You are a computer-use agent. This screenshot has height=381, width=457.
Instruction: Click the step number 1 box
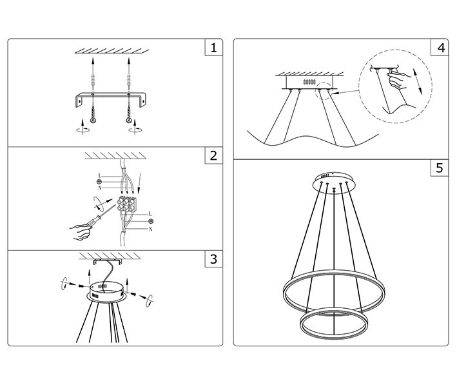pos(213,47)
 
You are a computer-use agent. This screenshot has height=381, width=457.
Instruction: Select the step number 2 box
pos(213,155)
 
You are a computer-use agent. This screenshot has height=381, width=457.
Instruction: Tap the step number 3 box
pos(213,259)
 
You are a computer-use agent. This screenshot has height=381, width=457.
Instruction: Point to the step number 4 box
pos(440,47)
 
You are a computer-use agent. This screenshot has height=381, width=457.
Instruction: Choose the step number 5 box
pos(440,168)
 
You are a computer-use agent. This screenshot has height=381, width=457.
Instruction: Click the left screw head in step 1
pos(93,121)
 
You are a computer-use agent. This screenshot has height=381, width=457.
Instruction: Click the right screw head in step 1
pos(128,121)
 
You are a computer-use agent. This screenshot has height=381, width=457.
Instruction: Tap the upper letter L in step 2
pos(100,176)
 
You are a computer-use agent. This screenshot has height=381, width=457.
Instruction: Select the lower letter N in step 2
pos(150,229)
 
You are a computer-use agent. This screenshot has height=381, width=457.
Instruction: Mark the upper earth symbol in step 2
pos(99,182)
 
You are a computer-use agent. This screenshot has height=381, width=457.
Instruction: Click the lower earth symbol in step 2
pos(151,221)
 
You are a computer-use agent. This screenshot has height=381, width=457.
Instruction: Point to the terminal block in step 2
pos(126,204)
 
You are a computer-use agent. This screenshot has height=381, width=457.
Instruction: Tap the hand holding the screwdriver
pos(80,232)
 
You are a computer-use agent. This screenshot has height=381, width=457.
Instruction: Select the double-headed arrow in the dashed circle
pos(418,81)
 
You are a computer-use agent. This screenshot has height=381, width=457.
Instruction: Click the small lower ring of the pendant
pos(334,323)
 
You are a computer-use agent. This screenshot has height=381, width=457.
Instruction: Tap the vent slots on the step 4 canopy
pos(309,83)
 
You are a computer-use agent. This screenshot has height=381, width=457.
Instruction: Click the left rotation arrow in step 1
pos(83,128)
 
